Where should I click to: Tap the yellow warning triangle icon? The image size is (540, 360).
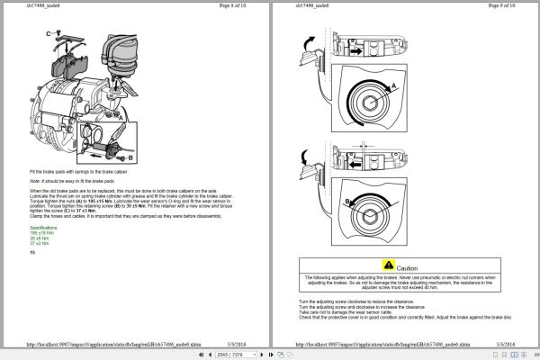click(388, 266)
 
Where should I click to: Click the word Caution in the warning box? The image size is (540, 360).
click(408, 267)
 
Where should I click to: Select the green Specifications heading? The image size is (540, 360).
click(47, 228)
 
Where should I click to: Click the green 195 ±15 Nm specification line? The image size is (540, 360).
click(41, 233)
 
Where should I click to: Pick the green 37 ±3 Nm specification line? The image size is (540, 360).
click(40, 243)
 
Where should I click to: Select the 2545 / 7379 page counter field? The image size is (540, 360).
click(221, 355)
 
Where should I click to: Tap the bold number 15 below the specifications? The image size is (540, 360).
click(31, 252)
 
